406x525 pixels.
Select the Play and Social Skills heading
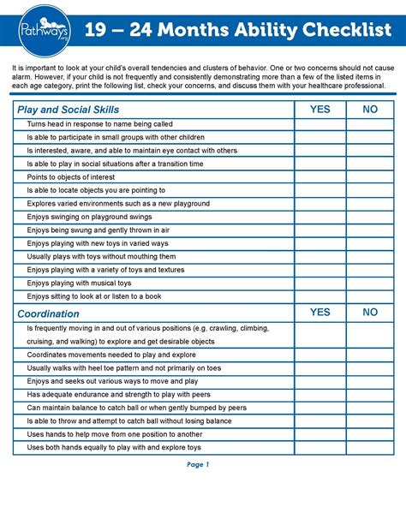69,110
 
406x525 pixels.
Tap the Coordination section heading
49,313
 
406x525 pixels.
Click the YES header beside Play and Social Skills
319,110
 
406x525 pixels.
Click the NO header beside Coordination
370,313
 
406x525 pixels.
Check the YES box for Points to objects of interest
319,176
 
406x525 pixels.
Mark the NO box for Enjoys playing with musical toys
370,282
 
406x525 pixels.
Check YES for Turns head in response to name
319,124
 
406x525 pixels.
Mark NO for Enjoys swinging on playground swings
370,217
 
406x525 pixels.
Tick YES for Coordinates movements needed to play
319,354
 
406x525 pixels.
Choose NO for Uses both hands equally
370,447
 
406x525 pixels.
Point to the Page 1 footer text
198,465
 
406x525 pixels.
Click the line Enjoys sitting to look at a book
94,295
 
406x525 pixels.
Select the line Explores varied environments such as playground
118,203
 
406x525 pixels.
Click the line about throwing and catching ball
129,421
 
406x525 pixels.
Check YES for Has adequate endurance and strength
319,394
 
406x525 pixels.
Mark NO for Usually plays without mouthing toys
370,256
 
